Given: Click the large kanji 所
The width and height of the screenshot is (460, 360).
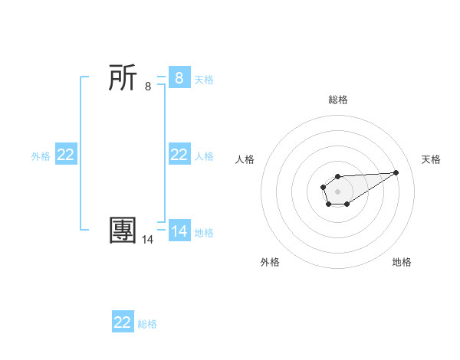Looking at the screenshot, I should coord(123,78).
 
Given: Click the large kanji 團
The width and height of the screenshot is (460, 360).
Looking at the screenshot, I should coord(123,231).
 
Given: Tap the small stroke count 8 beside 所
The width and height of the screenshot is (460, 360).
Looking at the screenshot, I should coord(148,87).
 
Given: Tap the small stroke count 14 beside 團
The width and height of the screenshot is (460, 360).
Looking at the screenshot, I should coord(148,240).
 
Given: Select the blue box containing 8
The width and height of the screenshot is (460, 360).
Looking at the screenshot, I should coord(179,78).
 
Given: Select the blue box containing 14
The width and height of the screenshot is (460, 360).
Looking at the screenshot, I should coord(179,231).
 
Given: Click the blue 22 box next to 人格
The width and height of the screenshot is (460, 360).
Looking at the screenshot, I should coord(179,155).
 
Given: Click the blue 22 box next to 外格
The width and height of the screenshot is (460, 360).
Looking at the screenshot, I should coord(66,155).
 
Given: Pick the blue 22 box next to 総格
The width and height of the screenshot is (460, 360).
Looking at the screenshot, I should coord(123,322).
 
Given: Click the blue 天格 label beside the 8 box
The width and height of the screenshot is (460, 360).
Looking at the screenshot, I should coord(204,79).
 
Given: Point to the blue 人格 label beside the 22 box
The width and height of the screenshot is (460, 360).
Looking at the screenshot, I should coord(204,155).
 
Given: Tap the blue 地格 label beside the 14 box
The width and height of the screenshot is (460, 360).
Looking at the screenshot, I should coord(204,232).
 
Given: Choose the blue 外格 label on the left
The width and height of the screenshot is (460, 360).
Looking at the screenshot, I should coord(41,155).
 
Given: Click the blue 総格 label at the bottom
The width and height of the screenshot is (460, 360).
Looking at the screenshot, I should coord(147,323).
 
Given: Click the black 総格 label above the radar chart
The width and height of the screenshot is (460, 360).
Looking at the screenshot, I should coord(338,100).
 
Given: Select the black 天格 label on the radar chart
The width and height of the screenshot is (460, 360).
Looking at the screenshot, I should coord(431,159).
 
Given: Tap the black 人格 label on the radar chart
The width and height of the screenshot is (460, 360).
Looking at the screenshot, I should coord(245,159).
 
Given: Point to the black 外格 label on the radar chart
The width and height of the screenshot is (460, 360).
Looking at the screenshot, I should coord(270,262).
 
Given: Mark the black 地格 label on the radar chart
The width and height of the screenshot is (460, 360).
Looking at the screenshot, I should coord(402,262).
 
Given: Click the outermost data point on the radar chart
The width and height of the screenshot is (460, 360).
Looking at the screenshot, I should coord(396,172).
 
